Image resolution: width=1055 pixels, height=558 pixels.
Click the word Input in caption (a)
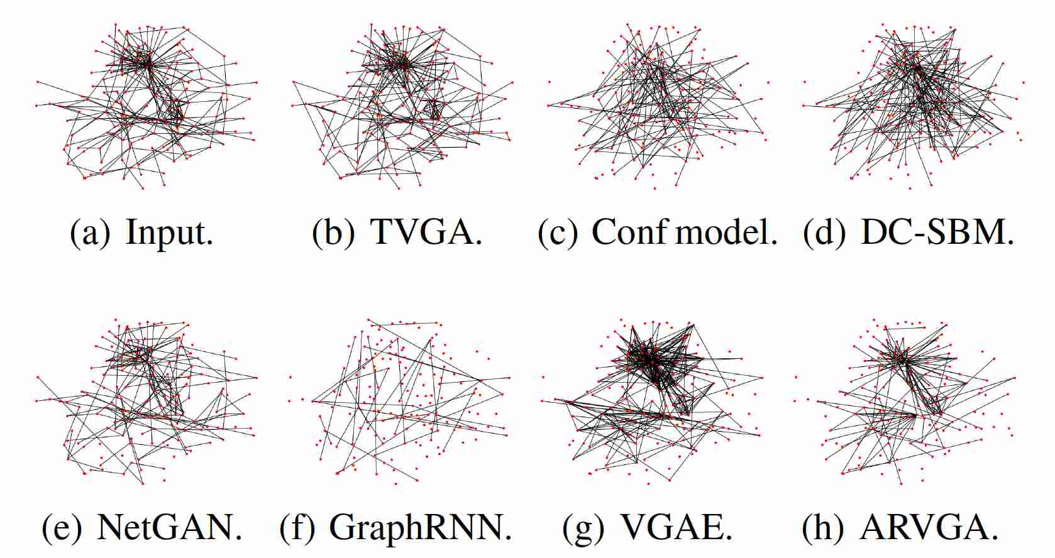tap(169, 233)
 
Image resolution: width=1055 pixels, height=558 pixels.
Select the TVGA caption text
tap(426, 232)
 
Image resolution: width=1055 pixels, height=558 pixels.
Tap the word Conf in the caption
tap(629, 232)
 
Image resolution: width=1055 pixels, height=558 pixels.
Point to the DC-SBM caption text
tap(936, 232)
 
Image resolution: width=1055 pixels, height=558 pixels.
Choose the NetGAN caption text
tap(169, 527)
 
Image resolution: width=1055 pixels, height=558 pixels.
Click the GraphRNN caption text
tap(419, 527)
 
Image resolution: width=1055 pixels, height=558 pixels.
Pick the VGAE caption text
tap(676, 527)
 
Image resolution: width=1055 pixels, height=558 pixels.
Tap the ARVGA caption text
tap(929, 527)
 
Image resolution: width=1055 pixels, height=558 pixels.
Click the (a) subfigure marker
tap(91, 233)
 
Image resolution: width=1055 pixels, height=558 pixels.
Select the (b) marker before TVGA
tap(333, 232)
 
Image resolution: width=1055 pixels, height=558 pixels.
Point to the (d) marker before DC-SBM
tap(824, 232)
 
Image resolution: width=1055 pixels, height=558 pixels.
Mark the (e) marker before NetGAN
tap(62, 527)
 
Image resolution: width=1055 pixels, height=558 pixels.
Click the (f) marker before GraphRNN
tap(297, 527)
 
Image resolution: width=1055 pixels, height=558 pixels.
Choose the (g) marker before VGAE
tap(583, 527)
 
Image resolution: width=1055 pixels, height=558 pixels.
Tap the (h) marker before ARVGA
tap(823, 527)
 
